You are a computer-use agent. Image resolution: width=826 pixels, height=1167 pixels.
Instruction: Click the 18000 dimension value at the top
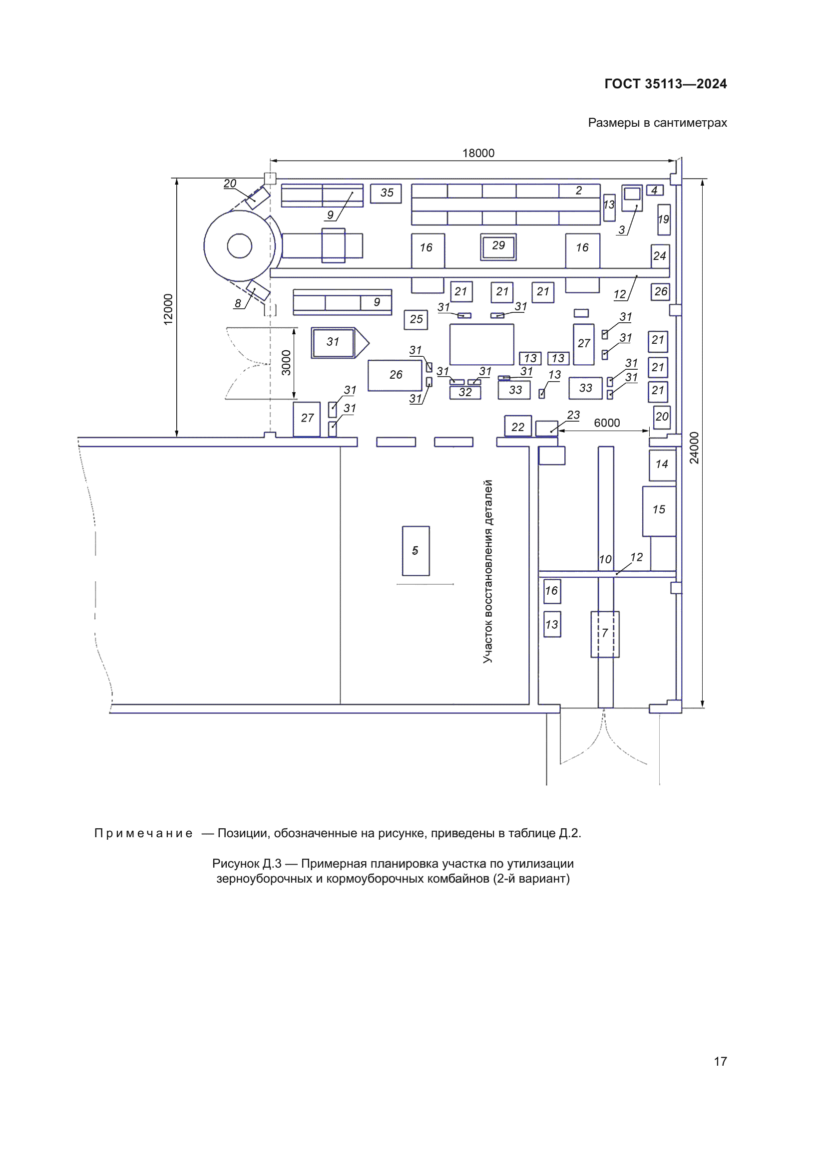point(477,153)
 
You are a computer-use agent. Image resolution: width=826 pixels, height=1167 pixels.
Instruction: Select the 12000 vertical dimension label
point(168,309)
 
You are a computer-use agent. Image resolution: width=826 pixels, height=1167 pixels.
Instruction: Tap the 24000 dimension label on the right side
point(694,448)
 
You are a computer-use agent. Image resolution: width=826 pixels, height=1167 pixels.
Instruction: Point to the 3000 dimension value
point(286,363)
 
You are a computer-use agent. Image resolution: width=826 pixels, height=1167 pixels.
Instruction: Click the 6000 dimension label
point(606,423)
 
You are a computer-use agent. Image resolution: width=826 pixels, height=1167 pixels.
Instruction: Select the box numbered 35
point(386,193)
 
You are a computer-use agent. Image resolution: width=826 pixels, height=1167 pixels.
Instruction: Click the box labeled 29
point(498,246)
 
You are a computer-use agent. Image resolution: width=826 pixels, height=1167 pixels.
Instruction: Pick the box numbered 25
point(415,320)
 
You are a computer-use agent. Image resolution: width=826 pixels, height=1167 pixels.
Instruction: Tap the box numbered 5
point(415,551)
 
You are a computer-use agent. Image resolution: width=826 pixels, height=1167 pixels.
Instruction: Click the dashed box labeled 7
point(605,634)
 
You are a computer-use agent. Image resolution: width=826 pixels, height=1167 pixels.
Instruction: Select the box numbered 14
point(662,465)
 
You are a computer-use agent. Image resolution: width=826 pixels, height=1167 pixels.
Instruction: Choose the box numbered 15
point(659,510)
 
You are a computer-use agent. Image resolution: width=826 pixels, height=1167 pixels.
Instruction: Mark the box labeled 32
point(465,392)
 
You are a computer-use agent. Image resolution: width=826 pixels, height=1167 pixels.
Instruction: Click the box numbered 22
point(518,427)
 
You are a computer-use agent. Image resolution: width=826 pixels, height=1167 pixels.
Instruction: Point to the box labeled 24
point(660,256)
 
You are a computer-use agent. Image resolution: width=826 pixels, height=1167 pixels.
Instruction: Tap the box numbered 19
point(663,220)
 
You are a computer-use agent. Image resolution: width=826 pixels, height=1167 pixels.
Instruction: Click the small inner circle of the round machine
point(239,246)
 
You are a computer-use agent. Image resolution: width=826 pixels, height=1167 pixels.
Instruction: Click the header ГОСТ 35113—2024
point(665,84)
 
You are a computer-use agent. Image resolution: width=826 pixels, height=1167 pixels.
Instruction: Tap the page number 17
point(720,1061)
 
